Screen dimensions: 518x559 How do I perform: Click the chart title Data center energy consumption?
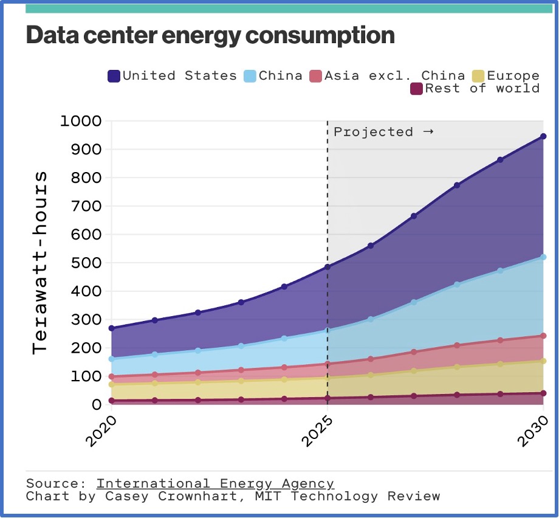pyautogui.click(x=210, y=35)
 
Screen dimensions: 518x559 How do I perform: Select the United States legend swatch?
pyautogui.click(x=114, y=76)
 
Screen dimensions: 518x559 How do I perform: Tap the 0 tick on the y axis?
pyautogui.click(x=97, y=405)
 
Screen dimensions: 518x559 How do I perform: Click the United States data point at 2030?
pyautogui.click(x=543, y=136)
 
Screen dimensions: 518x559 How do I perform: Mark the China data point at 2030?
pyautogui.click(x=543, y=257)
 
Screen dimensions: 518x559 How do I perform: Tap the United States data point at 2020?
pyautogui.click(x=111, y=328)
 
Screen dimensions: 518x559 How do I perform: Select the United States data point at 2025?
pyautogui.click(x=328, y=267)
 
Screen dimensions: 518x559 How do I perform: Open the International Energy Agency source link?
pyautogui.click(x=215, y=484)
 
